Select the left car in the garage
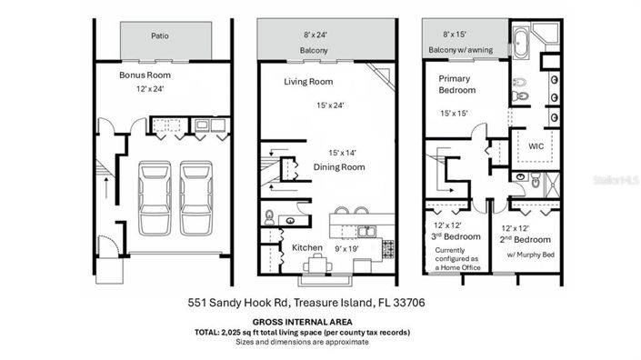tap(154, 195)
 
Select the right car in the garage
tap(195, 195)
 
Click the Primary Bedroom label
tap(458, 85)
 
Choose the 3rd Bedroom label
tap(456, 235)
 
